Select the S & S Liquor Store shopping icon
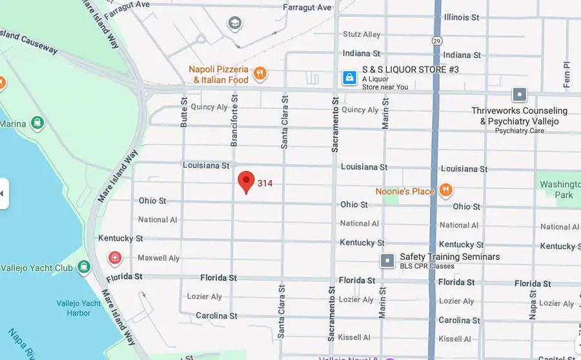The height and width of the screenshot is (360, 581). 349,78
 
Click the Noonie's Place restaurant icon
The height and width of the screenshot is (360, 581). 445,190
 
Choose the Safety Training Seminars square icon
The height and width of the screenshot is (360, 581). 387,261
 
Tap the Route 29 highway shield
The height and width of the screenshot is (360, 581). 436,40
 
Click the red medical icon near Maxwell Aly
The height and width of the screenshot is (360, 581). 115,259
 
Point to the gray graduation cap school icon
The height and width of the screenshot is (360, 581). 235,24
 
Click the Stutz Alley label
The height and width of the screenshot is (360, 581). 362,34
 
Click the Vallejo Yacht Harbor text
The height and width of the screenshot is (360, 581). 79,308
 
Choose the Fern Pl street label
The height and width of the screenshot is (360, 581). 567,74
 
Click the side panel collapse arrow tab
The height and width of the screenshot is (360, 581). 4,193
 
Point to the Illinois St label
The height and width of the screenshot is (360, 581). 462,17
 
